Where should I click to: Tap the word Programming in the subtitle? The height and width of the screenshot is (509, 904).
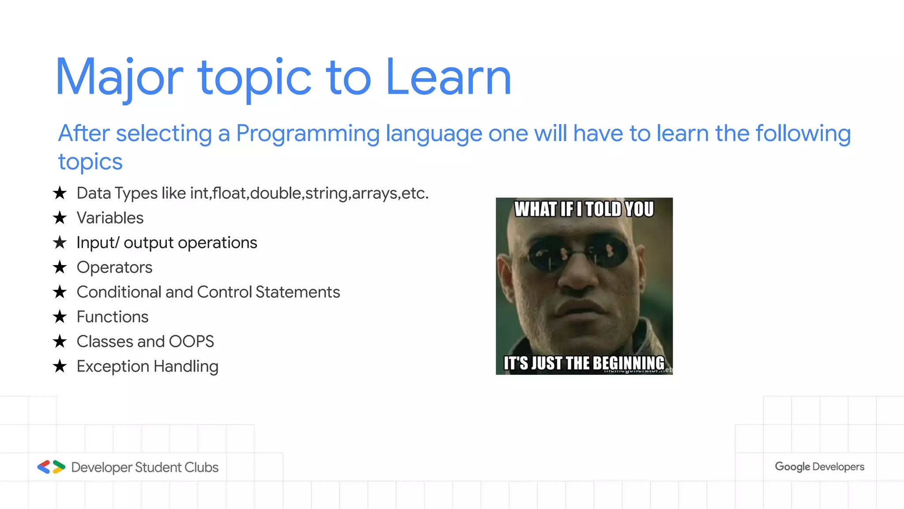click(x=308, y=133)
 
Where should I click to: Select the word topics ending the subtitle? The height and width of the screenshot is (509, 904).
click(x=90, y=162)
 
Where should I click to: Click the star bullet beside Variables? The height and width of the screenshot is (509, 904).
click(x=60, y=218)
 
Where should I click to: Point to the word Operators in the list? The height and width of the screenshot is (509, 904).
click(x=114, y=267)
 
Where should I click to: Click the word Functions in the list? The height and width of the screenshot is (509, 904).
click(x=113, y=317)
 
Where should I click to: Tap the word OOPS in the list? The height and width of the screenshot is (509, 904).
click(x=191, y=342)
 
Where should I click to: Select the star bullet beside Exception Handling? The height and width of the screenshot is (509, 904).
click(x=60, y=366)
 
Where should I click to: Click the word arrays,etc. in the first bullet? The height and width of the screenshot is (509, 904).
click(x=390, y=193)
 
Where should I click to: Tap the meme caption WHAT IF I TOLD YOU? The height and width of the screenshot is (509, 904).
click(x=584, y=209)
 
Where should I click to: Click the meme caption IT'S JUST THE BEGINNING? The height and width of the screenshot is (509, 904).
click(x=584, y=363)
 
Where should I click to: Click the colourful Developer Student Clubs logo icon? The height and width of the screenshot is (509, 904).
click(x=51, y=467)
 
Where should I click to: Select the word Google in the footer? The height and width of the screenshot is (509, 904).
click(x=792, y=467)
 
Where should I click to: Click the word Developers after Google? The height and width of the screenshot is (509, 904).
click(x=838, y=467)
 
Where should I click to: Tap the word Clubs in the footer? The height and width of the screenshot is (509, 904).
click(x=201, y=467)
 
